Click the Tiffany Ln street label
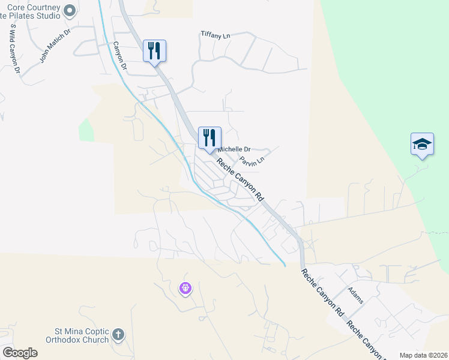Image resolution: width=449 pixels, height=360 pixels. point(215,36)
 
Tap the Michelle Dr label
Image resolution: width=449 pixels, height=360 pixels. point(234,149)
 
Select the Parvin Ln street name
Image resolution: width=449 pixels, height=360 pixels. point(252,161)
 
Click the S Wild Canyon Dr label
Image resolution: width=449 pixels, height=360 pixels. point(14,49)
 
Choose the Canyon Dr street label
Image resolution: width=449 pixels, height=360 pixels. point(119,56)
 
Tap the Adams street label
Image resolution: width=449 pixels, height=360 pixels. point(355,295)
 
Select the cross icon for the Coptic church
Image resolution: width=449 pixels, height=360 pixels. point(118,334)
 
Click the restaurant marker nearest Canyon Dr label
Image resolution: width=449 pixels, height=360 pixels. point(154,50)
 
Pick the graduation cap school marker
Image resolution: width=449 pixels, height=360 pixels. point(422,144)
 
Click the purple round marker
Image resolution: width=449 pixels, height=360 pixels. point(185,289)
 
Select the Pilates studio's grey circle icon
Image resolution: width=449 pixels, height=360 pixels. point(70,10)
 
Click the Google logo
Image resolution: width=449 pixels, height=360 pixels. point(20,352)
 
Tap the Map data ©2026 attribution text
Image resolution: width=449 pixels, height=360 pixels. point(423,355)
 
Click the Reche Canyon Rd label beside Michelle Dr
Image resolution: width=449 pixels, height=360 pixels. point(240,179)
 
